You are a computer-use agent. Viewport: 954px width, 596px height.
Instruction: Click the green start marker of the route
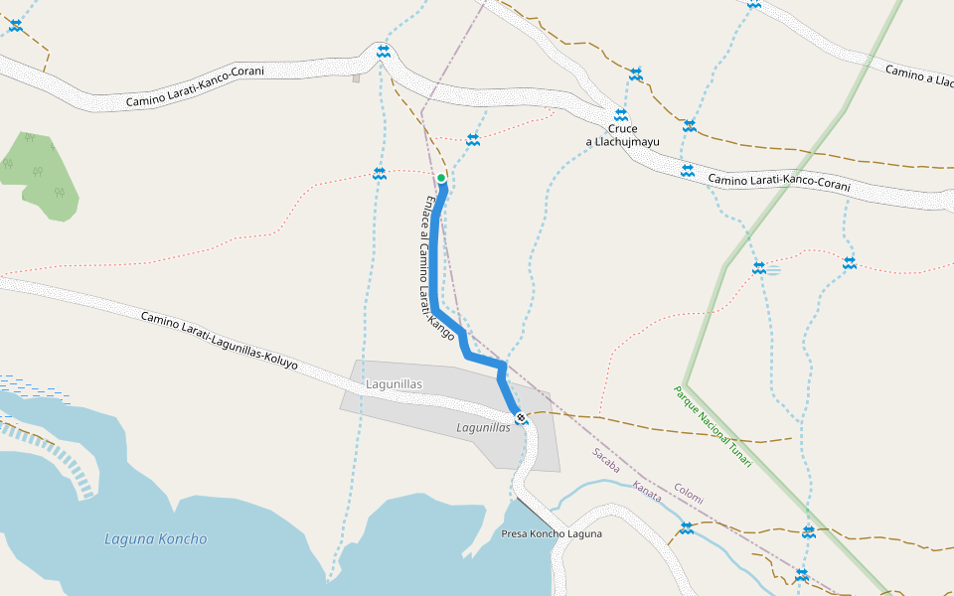click(x=441, y=178)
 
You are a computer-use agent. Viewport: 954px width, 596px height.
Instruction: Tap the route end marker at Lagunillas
click(x=520, y=417)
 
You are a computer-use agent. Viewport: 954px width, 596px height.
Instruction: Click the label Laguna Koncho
click(x=156, y=539)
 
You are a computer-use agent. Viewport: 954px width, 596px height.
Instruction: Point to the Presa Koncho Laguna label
click(x=552, y=533)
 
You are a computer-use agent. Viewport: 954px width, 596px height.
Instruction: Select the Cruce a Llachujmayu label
click(x=622, y=135)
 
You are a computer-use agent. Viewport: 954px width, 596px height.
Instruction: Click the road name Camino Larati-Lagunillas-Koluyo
click(x=219, y=341)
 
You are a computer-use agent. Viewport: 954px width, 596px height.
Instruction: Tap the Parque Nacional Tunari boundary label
click(x=713, y=428)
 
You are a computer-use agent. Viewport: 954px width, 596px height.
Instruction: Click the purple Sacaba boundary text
click(x=606, y=459)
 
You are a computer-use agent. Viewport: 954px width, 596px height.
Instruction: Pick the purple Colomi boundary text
click(x=689, y=494)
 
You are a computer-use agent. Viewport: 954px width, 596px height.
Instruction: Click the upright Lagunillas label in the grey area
click(x=395, y=384)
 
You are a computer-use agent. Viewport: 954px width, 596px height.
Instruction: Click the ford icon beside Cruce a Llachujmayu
click(x=620, y=114)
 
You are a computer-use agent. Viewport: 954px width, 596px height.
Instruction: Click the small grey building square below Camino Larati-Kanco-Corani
click(x=356, y=77)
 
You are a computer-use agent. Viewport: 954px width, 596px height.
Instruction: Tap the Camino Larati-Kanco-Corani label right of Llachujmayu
click(x=779, y=183)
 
